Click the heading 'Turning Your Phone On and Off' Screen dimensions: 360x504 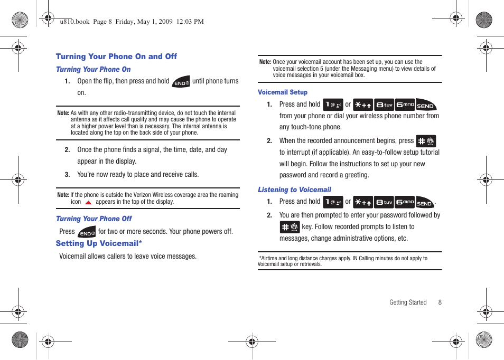116,56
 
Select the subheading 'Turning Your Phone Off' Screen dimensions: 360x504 94,219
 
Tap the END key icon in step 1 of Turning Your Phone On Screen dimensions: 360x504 181,82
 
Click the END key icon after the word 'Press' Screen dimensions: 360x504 87,232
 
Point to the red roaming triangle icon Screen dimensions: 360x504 88,202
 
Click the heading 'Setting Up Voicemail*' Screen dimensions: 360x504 99,243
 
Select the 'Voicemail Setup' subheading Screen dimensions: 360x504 283,92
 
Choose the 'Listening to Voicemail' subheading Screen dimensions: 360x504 294,190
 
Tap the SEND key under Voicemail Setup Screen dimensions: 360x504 426,105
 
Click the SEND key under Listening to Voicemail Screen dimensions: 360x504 425,202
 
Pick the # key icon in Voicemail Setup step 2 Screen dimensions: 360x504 426,141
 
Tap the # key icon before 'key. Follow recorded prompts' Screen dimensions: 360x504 290,227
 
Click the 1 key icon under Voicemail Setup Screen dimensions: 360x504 333,105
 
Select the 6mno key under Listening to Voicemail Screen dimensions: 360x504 405,202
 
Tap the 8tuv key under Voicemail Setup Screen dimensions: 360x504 384,105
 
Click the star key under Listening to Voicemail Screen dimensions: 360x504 363,202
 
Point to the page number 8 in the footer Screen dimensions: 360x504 440,302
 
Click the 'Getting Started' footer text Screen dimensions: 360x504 408,302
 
